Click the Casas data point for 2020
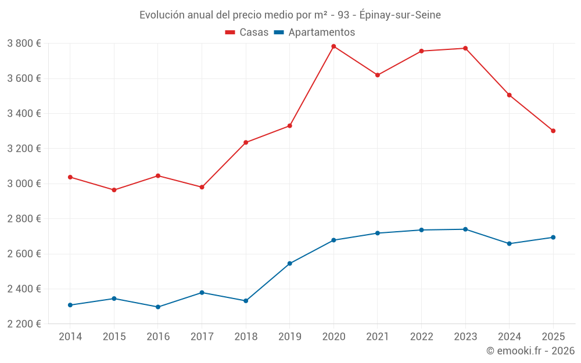333,46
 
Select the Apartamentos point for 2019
289,264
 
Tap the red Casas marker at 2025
553,131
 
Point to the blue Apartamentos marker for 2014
70,305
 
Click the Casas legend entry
247,33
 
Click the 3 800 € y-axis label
24,43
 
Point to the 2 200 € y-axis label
24,324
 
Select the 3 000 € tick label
24,184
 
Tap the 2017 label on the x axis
202,337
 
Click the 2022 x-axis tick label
421,337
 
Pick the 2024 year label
509,337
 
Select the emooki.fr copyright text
530,351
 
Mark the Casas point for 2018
246,142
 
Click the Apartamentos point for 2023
465,229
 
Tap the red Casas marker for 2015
114,190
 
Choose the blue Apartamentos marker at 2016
158,307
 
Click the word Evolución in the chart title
162,15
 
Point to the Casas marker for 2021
378,75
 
